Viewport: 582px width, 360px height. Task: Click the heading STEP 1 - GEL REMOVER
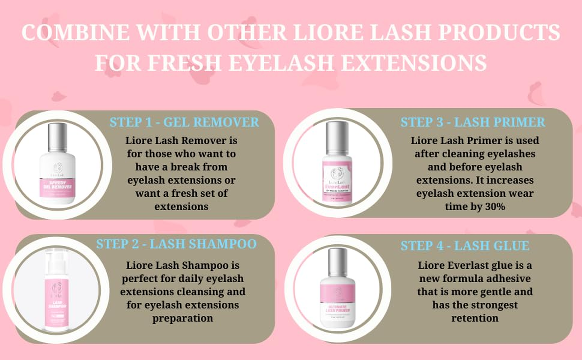(184, 122)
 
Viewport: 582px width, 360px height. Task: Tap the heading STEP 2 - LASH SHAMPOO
(176, 244)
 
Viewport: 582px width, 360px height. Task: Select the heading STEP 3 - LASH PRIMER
(473, 122)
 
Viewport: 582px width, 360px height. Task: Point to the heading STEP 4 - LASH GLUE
(465, 246)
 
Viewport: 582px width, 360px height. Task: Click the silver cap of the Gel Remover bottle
(57, 137)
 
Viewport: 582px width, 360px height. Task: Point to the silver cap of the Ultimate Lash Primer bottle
(338, 261)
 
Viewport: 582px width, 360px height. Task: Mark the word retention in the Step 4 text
(475, 318)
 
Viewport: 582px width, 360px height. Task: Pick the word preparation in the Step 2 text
(182, 318)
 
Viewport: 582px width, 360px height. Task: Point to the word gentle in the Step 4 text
(496, 292)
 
